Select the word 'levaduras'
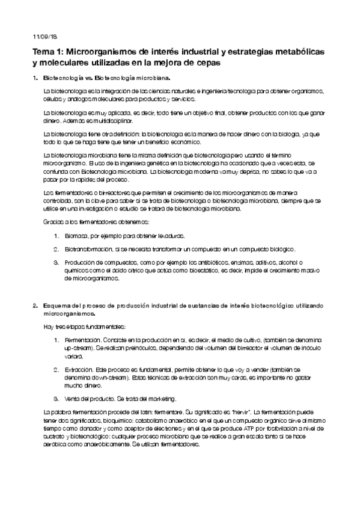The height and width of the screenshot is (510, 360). click(169, 236)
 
